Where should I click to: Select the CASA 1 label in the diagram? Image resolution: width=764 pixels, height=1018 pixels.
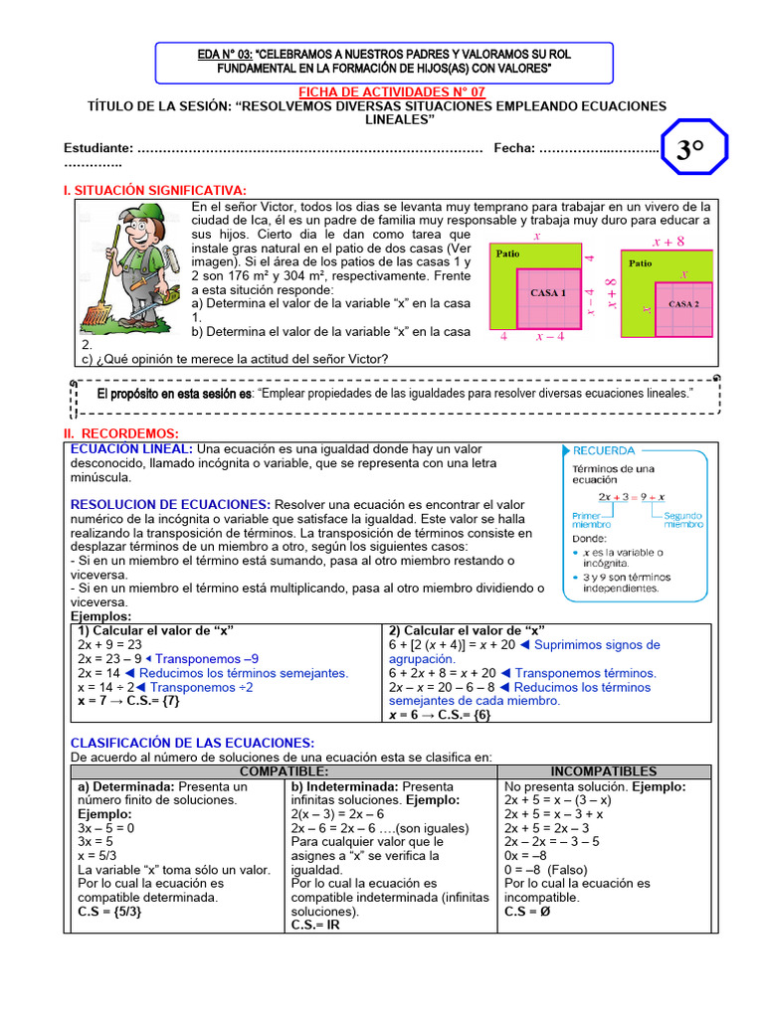tap(547, 293)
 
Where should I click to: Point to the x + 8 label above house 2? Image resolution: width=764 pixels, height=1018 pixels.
tap(668, 241)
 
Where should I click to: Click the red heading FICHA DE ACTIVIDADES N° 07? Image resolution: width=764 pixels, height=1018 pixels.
tap(383, 91)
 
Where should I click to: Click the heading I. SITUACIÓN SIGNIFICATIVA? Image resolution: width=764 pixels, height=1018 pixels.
tap(155, 190)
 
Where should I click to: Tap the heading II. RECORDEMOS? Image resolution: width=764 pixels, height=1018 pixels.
tap(120, 433)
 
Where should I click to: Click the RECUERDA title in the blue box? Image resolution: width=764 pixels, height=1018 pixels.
tap(604, 450)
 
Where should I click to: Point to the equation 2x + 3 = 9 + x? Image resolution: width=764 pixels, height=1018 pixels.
tap(631, 496)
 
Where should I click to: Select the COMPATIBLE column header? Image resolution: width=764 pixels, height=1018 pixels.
tap(284, 771)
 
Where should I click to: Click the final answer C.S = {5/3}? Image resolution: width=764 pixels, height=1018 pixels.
tap(109, 911)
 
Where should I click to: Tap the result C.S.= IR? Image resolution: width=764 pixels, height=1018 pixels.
tap(315, 925)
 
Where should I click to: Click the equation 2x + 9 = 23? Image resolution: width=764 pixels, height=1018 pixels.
tap(110, 644)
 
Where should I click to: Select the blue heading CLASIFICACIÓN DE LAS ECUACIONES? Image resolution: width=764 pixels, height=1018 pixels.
tap(192, 743)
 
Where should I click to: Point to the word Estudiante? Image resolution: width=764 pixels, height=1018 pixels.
tap(97, 148)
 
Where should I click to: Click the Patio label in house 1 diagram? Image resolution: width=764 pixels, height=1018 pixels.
tap(508, 254)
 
